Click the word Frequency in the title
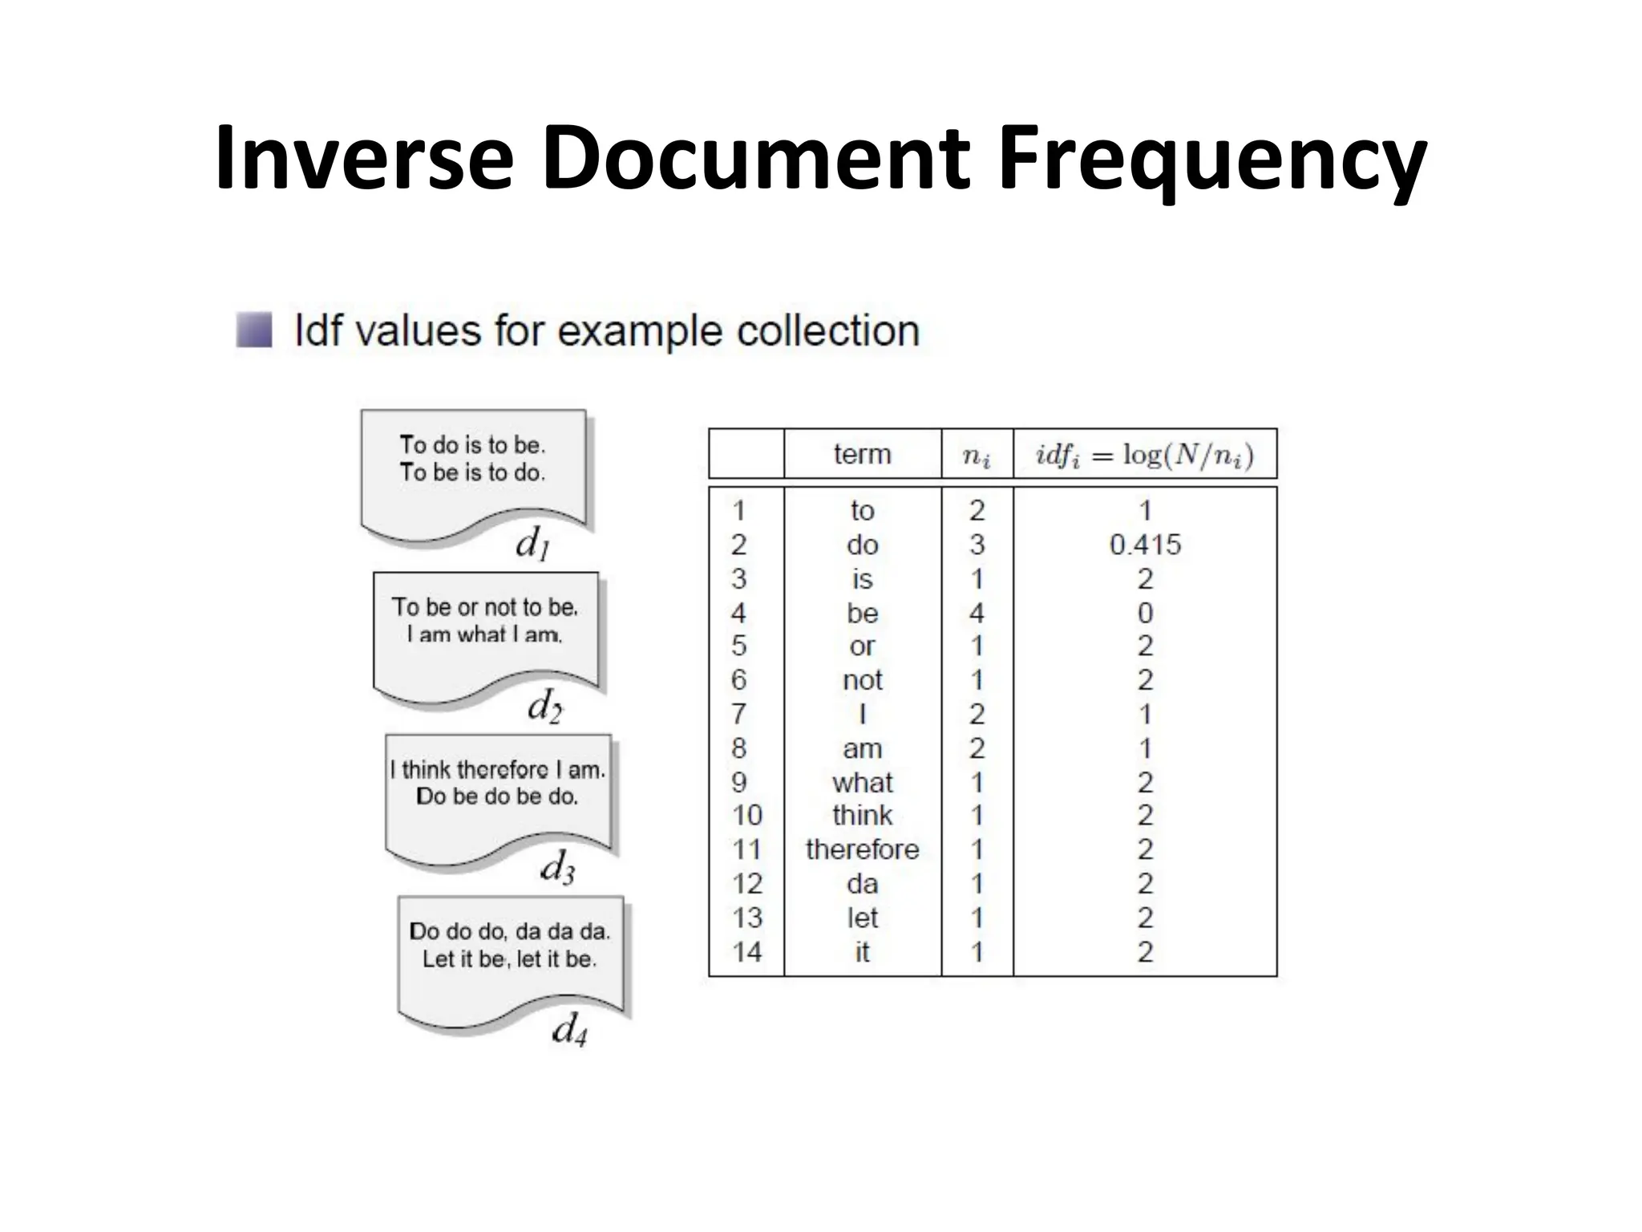(x=1211, y=160)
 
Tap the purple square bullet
(x=254, y=330)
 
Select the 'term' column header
(x=862, y=454)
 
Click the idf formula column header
(x=1144, y=455)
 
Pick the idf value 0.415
(x=1145, y=545)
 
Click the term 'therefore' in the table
(x=862, y=849)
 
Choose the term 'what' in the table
(x=862, y=782)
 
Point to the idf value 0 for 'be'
(x=1145, y=613)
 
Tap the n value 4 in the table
(x=977, y=613)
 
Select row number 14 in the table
(x=746, y=951)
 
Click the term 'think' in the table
(x=862, y=815)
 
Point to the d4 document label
(x=569, y=1029)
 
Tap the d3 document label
(x=557, y=867)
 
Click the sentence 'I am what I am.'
(x=484, y=634)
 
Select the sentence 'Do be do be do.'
(x=497, y=796)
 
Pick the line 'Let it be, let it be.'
(x=510, y=958)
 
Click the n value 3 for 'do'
(x=977, y=545)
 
